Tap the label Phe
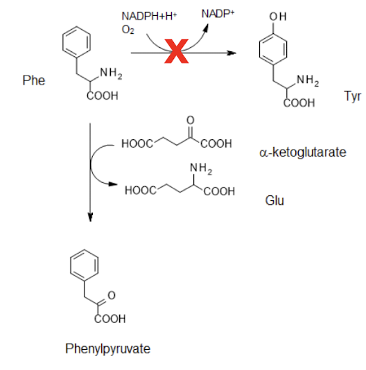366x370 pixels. pos(33,81)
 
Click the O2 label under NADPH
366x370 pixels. pos(127,29)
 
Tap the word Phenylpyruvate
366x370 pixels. pos(107,349)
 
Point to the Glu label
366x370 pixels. pos(274,201)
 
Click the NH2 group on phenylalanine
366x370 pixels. pos(111,72)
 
